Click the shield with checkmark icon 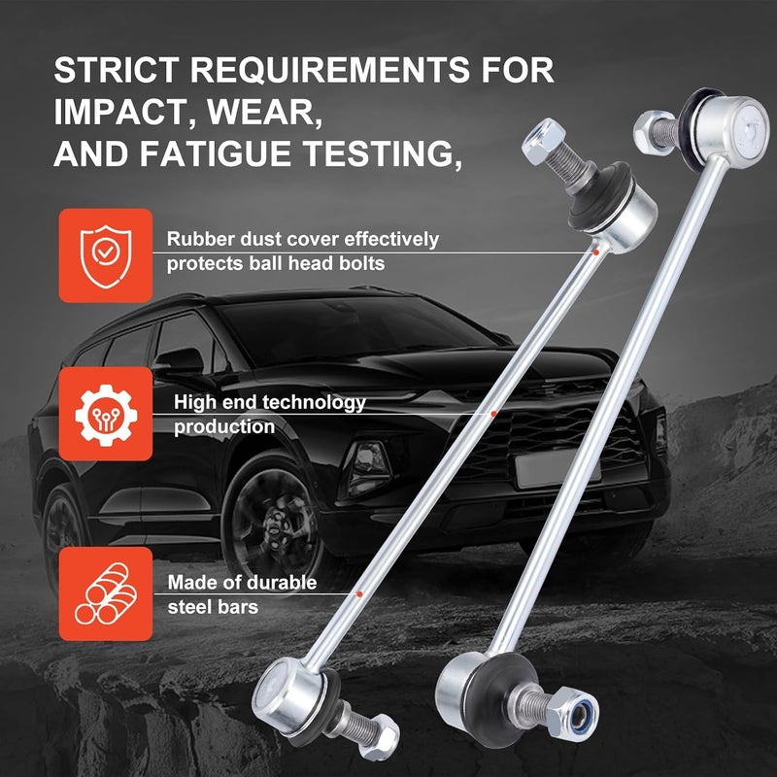coord(106,255)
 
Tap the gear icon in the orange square coord(106,415)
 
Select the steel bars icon coord(106,593)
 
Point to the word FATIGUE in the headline coord(221,153)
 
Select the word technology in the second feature coord(312,403)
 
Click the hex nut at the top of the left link coord(543,141)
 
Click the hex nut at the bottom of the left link coord(380,737)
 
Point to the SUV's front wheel coord(274,525)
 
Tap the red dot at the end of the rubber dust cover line coord(596,253)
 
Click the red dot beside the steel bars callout coord(359,593)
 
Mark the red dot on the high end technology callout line coord(493,414)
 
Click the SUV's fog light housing coord(368,466)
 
